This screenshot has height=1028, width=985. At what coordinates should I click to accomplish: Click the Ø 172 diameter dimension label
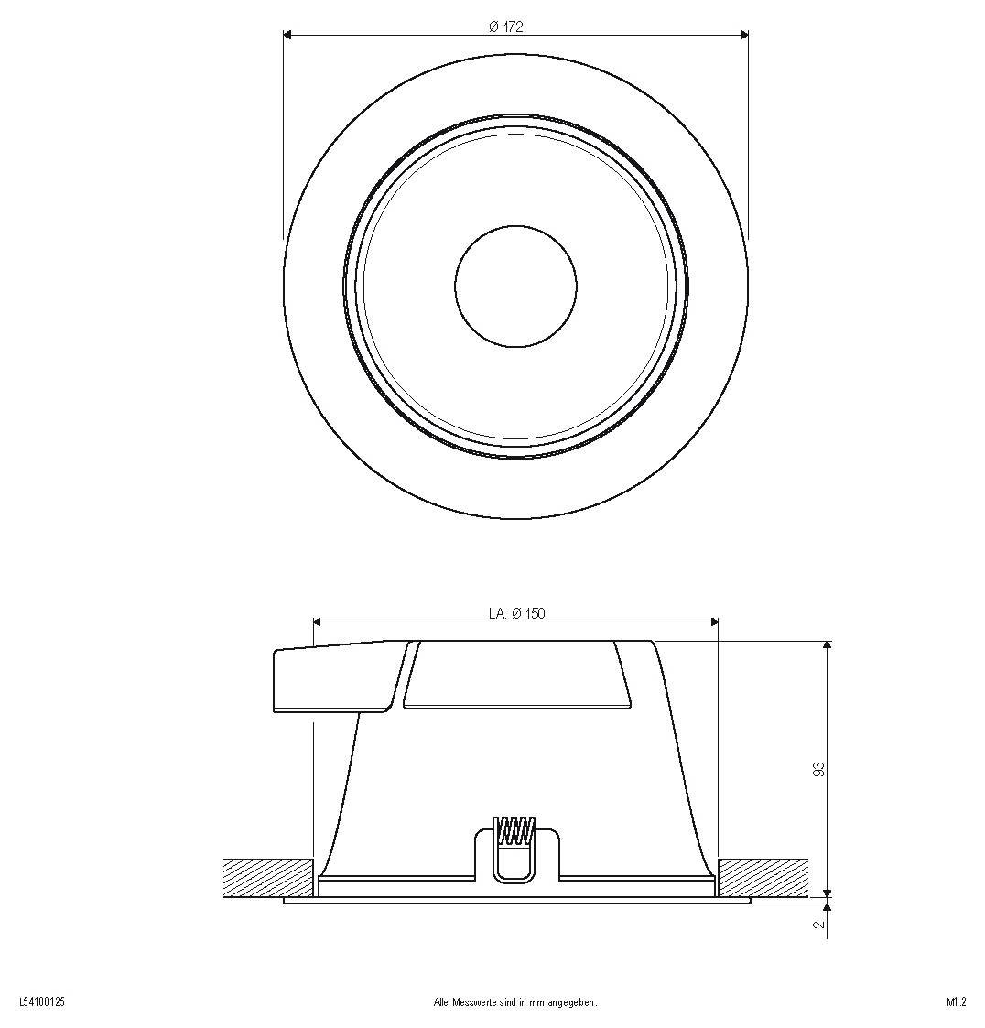click(x=505, y=27)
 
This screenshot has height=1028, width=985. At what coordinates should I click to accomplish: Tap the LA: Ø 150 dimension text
click(x=516, y=613)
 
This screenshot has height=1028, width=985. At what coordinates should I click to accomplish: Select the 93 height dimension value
click(x=818, y=769)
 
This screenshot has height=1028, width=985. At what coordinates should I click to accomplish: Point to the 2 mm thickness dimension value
click(x=818, y=925)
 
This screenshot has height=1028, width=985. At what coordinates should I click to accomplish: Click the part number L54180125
click(x=43, y=1001)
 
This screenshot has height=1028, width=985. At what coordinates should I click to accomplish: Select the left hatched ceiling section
click(x=267, y=878)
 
